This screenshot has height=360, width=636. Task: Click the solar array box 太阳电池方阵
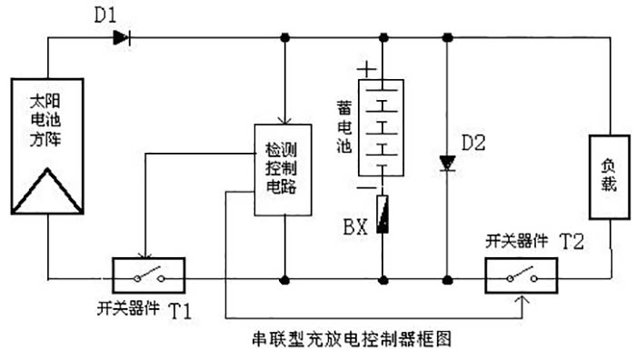pyautogui.click(x=46, y=145)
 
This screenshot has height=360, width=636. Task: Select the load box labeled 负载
pyautogui.click(x=608, y=177)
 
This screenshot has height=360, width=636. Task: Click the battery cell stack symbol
pyautogui.click(x=383, y=126)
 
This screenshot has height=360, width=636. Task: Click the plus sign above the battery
pyautogui.click(x=366, y=69)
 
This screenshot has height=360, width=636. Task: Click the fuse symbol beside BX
pyautogui.click(x=383, y=214)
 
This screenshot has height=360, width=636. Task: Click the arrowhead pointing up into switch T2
pyautogui.click(x=521, y=297)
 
